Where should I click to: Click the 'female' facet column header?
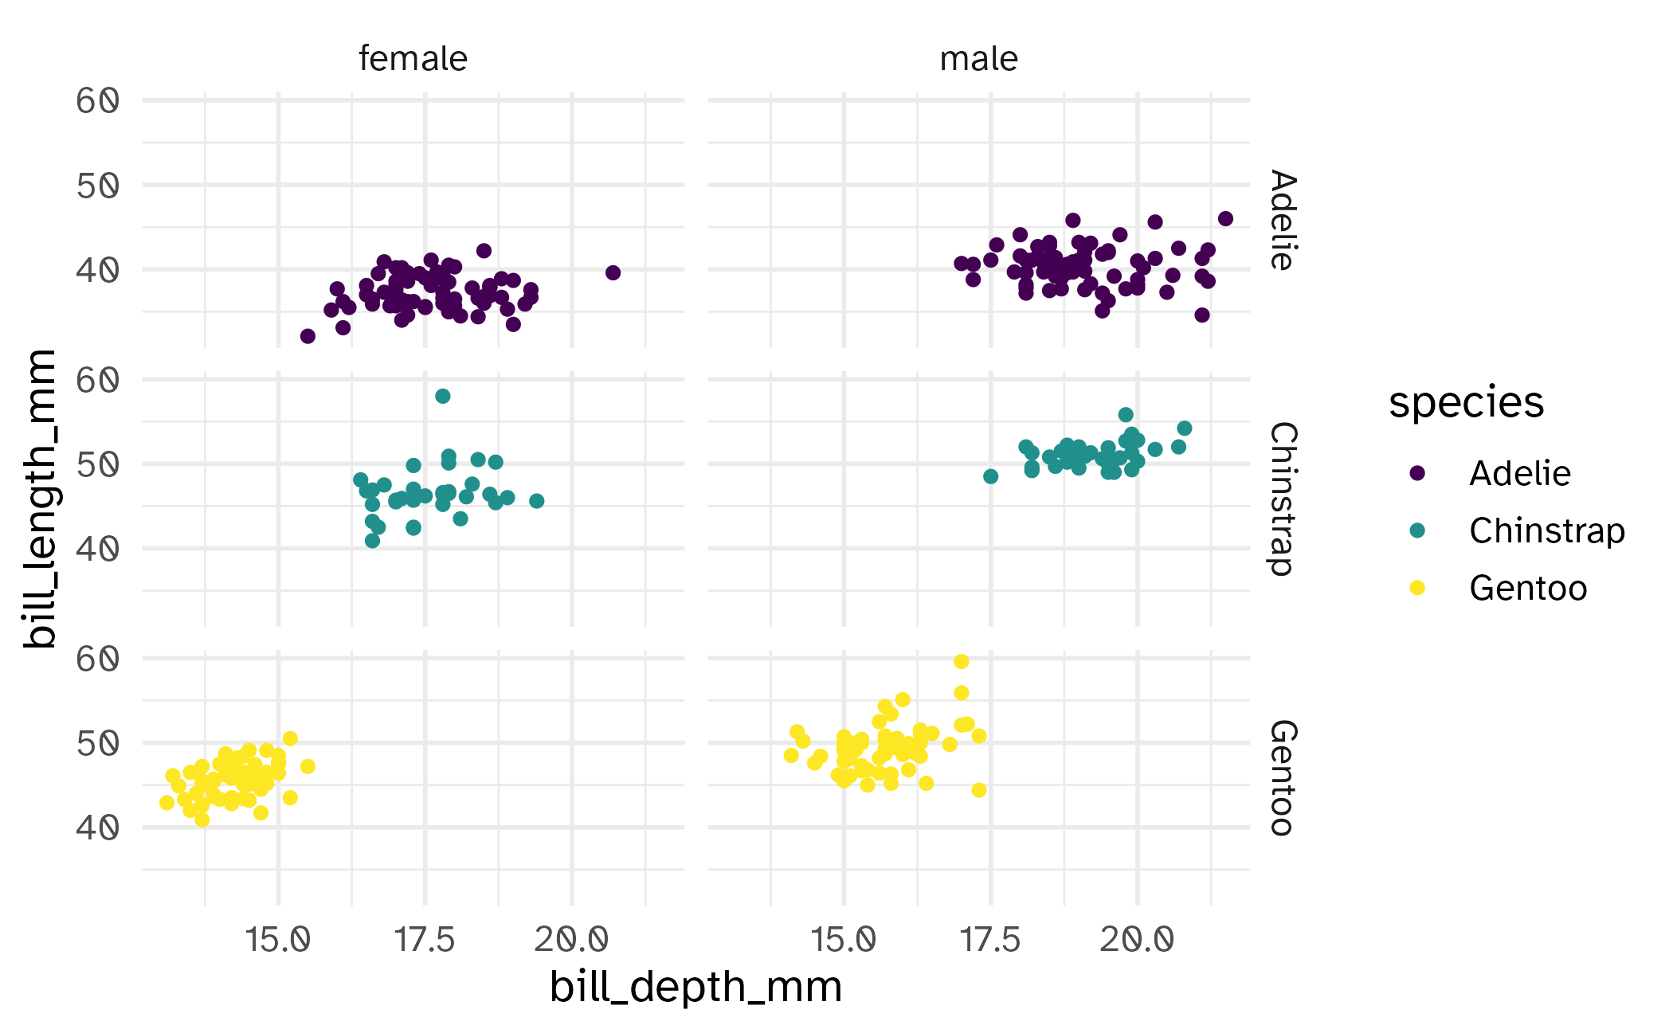(413, 59)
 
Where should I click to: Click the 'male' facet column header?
(978, 59)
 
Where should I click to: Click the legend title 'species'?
(1466, 402)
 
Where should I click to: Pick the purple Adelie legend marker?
(1417, 473)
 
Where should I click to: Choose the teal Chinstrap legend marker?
(1417, 530)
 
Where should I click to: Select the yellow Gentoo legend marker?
(1417, 588)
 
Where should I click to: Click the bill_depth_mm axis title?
(695, 987)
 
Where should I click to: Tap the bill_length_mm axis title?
(40, 499)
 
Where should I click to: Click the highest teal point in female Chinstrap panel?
(443, 396)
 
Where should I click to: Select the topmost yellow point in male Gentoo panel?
(962, 662)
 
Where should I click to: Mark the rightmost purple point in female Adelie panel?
(613, 272)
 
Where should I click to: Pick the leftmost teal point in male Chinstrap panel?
(991, 476)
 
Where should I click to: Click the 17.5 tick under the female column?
(425, 940)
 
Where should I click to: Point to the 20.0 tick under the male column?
(1137, 940)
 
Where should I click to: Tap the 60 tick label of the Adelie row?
(97, 101)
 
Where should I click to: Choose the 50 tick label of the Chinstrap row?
(97, 464)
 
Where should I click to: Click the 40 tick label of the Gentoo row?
(97, 828)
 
